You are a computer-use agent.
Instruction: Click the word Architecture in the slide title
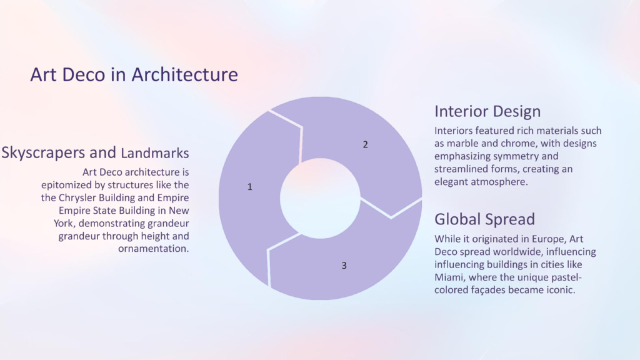184,75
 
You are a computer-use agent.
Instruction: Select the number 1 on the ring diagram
250,187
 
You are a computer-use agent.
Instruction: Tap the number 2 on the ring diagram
365,144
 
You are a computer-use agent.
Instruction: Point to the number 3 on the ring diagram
344,266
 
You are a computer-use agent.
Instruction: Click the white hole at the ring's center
321,198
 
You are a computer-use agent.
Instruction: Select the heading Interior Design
487,111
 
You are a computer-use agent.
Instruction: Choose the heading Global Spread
484,219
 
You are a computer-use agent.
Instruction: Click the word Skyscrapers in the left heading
59,152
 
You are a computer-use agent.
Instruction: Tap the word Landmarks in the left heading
155,153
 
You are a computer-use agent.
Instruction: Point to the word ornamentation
154,249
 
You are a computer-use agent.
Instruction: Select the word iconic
562,290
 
